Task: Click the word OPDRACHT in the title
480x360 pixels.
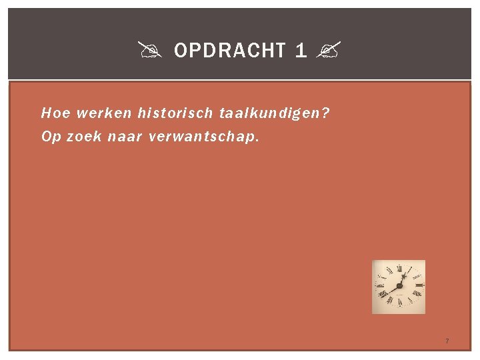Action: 230,50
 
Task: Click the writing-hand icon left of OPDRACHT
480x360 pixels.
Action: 147,50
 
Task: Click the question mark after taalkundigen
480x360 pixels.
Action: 325,113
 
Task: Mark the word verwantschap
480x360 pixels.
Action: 201,138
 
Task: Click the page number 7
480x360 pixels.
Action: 447,341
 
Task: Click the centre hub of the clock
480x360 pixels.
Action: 399,286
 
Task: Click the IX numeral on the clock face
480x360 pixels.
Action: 381,286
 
